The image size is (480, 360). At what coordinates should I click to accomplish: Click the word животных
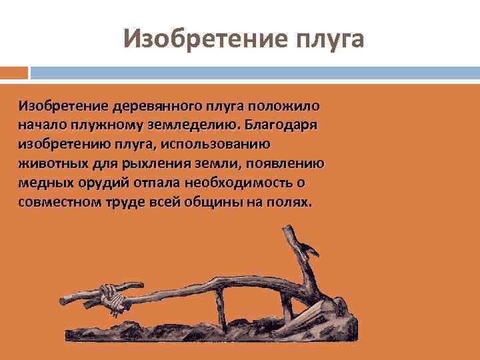click(x=46, y=163)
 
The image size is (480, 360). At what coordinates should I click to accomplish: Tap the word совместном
click(x=58, y=202)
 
